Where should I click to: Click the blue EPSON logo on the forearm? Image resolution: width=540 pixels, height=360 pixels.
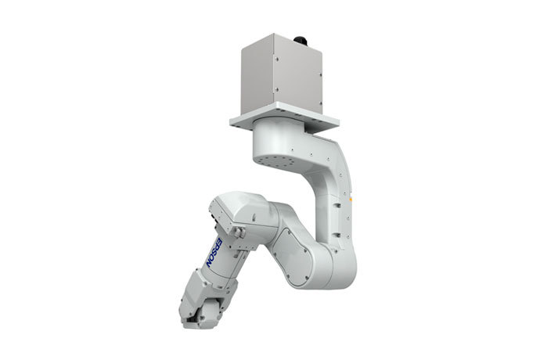click(214, 252)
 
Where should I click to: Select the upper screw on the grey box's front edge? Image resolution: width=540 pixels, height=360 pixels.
click(276, 58)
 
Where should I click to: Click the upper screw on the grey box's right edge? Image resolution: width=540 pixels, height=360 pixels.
click(320, 74)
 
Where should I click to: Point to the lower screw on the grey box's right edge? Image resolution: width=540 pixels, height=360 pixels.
click(320, 103)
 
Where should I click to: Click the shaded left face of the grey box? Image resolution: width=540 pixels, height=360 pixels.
click(257, 77)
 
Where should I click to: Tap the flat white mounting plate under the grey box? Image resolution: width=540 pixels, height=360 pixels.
click(284, 118)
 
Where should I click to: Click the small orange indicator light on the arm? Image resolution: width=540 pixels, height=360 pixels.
click(351, 199)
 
